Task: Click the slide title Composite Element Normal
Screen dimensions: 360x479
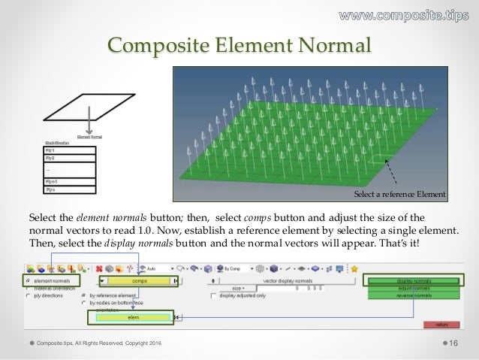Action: pos(239,44)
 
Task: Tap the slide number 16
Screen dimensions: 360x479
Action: pos(453,343)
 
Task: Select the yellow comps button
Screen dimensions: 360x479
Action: pos(138,280)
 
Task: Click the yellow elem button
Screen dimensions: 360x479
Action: pos(132,317)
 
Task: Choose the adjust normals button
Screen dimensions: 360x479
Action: pos(414,289)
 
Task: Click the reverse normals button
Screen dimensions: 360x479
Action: pos(414,296)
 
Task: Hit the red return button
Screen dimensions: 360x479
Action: pos(441,324)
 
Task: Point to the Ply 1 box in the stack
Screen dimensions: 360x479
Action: pos(68,150)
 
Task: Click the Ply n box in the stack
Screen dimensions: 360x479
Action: pos(68,190)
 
